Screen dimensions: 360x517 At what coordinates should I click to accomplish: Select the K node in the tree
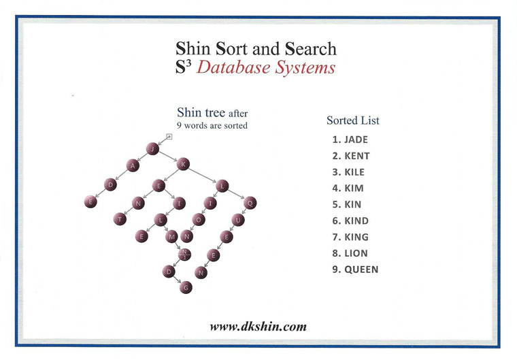182,163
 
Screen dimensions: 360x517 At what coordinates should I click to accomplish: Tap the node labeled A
133,165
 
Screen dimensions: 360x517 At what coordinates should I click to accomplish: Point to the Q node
250,202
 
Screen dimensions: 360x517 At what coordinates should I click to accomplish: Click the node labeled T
120,219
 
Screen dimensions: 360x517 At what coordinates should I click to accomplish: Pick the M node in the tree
171,237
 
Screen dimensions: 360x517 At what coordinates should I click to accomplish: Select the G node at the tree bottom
186,287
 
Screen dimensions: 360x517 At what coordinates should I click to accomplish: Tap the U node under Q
238,219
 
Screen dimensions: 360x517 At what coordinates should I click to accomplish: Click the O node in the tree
198,219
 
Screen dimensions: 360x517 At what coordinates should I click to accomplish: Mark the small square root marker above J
169,137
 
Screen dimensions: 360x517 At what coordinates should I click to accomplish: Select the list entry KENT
350,156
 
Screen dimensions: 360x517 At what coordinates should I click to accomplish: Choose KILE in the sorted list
348,172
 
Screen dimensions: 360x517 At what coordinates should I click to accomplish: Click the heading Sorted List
352,120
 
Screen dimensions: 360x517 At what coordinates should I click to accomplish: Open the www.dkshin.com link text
258,327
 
